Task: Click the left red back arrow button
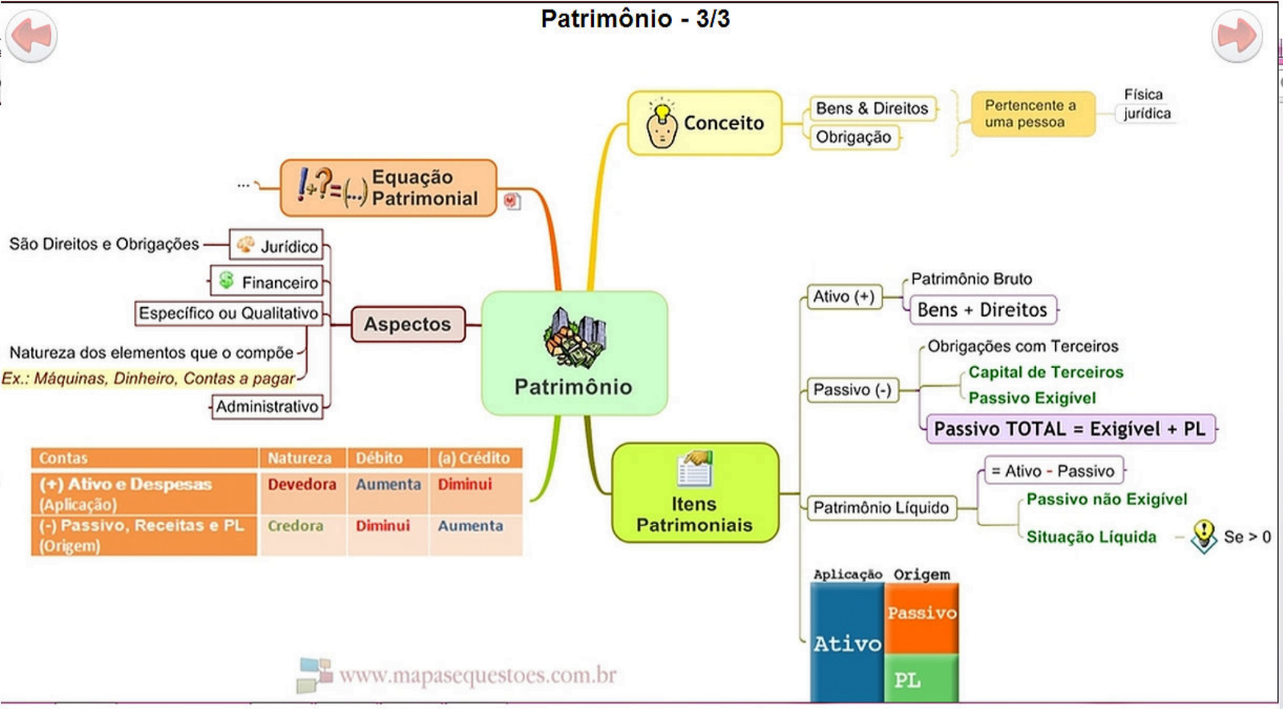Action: [31, 36]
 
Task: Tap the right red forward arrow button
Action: [1236, 36]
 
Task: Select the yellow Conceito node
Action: [704, 123]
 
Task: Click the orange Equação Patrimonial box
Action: [389, 188]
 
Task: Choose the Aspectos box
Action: [407, 324]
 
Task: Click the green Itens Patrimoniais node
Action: [694, 492]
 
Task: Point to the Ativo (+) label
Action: [844, 297]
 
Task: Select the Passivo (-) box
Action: [852, 390]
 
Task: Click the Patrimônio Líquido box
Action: [880, 508]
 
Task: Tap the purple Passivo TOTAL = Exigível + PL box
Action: [1070, 429]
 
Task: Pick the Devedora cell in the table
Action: [302, 484]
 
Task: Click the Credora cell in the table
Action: [295, 526]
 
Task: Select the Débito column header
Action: [379, 458]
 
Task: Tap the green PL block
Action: [921, 679]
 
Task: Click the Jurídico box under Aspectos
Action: [277, 246]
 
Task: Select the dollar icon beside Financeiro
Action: [226, 281]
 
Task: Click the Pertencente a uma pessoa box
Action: [1031, 114]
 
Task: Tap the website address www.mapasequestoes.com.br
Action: [477, 675]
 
